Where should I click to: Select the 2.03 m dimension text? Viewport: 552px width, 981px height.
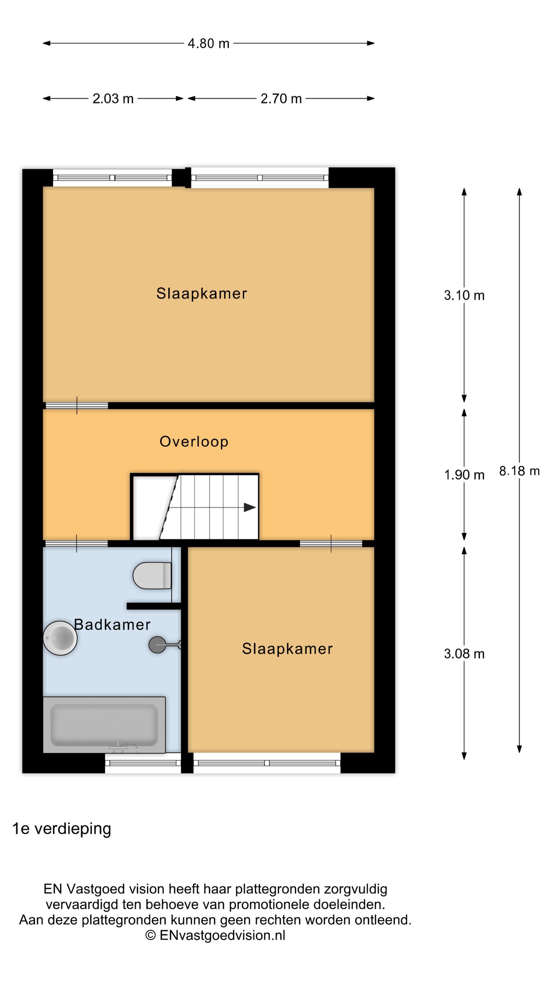113,99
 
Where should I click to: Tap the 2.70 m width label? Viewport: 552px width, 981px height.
281,99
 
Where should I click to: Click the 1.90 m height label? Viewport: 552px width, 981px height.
464,475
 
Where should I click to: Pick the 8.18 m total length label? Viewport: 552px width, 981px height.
519,471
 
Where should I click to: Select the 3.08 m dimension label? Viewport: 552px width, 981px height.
464,654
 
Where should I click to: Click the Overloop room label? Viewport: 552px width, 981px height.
194,441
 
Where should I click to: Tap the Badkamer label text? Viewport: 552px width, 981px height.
112,625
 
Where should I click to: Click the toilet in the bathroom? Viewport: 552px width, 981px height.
152,575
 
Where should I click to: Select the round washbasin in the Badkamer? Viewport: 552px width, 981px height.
60,638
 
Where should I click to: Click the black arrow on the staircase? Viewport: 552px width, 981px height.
249,507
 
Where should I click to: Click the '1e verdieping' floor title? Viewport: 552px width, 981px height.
62,829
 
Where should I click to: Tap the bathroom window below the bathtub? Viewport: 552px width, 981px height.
143,763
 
